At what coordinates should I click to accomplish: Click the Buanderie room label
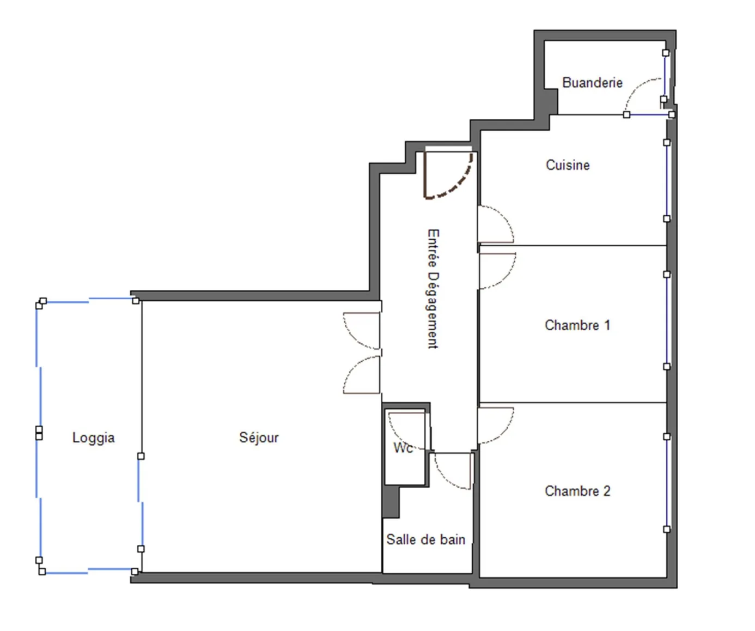592,83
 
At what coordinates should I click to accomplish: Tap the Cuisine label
568,165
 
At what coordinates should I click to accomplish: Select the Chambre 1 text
577,325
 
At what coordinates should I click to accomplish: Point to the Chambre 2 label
577,491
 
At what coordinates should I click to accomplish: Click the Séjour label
259,438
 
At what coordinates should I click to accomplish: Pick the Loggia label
93,438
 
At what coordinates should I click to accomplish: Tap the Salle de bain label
425,539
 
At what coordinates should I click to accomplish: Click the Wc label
403,448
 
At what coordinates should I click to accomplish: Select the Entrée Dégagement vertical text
433,288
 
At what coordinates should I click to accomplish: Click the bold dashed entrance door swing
461,183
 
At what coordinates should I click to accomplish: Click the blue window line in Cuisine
667,180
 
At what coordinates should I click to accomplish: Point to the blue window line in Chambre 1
667,320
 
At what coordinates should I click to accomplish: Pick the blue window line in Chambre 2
667,483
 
